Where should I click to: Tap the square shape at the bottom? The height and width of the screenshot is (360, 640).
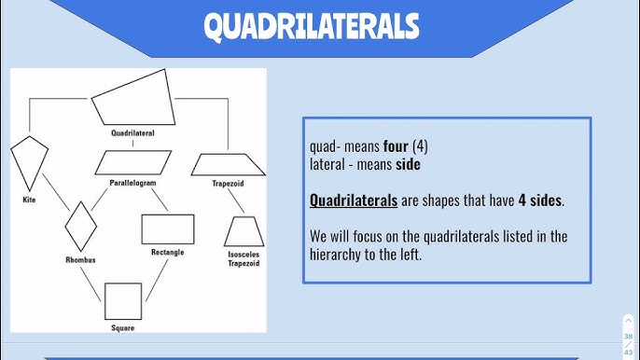click(x=123, y=300)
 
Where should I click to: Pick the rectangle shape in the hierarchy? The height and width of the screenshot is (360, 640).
click(x=168, y=229)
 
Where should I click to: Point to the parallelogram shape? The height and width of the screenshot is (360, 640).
click(x=132, y=162)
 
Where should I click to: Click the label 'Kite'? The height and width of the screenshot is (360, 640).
click(x=29, y=200)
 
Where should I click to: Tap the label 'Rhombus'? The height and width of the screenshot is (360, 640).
click(x=80, y=259)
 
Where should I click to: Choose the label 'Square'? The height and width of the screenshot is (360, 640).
click(x=123, y=328)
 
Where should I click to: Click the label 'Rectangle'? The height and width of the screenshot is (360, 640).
click(x=167, y=252)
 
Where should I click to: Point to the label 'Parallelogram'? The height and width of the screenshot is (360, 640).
click(x=132, y=183)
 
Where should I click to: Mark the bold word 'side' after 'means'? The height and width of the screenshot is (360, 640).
click(x=408, y=164)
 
